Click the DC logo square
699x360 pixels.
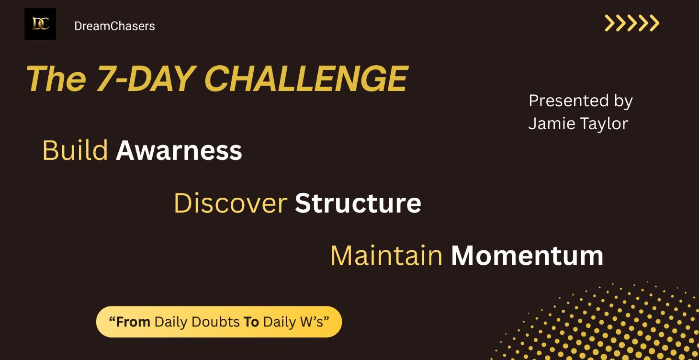click(40, 24)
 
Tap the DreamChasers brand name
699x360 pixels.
click(114, 26)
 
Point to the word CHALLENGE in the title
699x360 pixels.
click(306, 79)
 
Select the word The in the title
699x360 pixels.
click(56, 79)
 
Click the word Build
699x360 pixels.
click(75, 150)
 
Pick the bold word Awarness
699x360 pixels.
click(179, 150)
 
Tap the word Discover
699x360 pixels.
click(230, 203)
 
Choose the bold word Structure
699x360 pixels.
click(358, 203)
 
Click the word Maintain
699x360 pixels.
click(386, 256)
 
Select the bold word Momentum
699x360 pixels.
click(527, 256)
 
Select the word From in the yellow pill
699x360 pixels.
click(133, 322)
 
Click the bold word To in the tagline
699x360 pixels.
click(251, 322)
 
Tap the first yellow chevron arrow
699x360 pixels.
click(610, 23)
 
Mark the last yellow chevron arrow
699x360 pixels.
click(654, 23)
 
